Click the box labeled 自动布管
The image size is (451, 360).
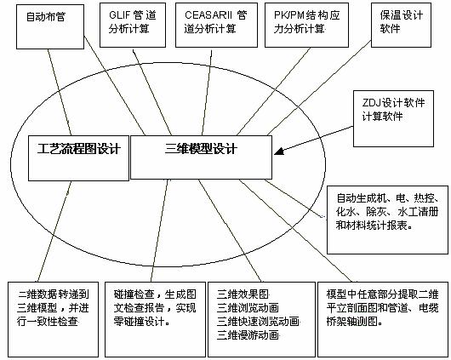(50, 26)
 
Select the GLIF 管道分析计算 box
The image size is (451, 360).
(133, 25)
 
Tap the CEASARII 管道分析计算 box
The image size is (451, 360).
(216, 25)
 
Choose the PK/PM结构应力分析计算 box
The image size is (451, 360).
(306, 25)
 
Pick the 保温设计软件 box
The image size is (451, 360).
(401, 25)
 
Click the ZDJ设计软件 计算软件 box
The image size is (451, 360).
(393, 118)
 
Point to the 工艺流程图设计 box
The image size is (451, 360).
(78, 158)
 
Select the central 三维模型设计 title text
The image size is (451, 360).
(201, 149)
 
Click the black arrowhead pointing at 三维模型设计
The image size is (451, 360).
(279, 151)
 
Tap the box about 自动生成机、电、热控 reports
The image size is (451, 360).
(387, 220)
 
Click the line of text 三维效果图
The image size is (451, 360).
(243, 294)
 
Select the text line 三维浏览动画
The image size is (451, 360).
(248, 308)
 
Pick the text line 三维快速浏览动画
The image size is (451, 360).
(258, 322)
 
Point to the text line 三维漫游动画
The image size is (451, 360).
(248, 335)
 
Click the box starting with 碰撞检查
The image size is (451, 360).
(155, 319)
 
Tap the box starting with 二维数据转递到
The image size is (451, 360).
(54, 319)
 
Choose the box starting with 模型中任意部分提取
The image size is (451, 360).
(383, 319)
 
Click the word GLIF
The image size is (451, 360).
(118, 15)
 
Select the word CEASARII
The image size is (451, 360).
(208, 15)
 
